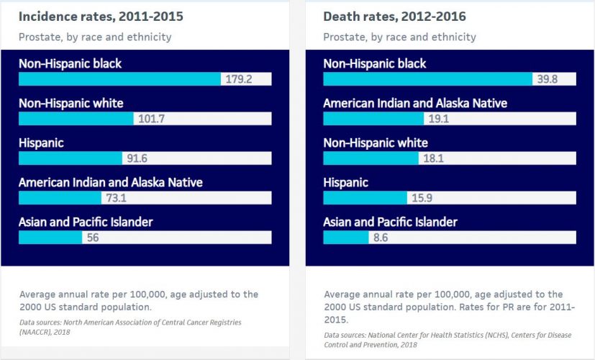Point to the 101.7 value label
(150, 119)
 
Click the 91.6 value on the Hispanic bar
(137, 158)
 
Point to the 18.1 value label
(433, 158)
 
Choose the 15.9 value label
(421, 198)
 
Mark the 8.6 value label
(381, 238)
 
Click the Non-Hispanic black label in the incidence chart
(71, 63)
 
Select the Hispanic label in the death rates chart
(345, 182)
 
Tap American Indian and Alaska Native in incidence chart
(110, 182)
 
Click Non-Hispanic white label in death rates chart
(376, 143)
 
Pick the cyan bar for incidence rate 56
(50, 238)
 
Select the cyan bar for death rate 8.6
(345, 238)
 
